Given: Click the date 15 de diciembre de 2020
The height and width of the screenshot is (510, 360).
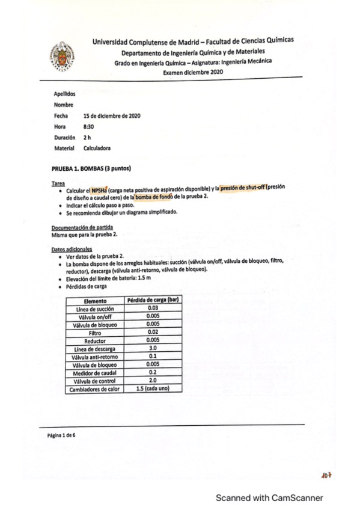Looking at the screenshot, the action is coord(112,115).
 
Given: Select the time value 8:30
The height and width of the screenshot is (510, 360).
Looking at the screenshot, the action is coord(88,126).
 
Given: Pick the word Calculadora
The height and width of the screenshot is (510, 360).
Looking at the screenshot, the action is coord(97,148).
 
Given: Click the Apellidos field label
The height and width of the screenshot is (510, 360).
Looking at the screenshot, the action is coord(64,94).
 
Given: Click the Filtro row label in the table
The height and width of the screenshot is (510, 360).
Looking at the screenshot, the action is coord(95,332).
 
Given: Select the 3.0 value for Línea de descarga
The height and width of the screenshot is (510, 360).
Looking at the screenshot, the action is coord(152,349).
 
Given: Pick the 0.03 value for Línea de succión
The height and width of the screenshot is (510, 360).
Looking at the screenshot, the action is coord(152,308).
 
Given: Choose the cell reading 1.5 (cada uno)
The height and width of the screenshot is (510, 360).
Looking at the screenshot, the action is coord(152,389).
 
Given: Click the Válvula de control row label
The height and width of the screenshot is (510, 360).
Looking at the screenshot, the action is coord(95,381).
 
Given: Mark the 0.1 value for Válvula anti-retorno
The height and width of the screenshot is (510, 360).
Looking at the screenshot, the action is coord(152,357).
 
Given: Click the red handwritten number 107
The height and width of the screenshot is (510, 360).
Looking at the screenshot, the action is coord(326,476).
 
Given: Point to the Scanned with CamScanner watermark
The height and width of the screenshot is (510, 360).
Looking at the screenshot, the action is coord(269,498).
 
